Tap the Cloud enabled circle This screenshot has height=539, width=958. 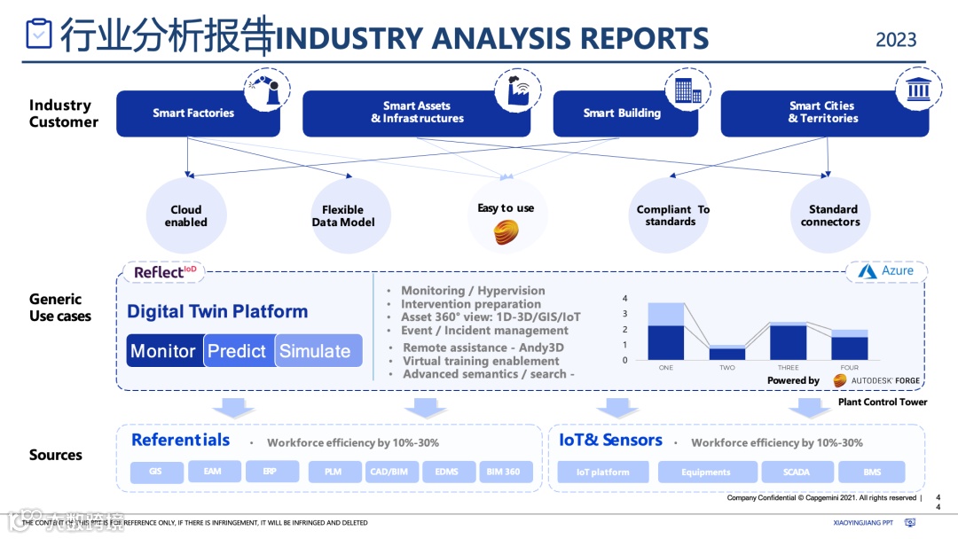pos(186,215)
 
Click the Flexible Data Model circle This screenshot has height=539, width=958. pos(343,215)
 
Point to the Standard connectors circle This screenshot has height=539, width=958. pos(831,215)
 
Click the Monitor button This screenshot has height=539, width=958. pos(164,351)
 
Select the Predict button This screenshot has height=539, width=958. pos(238,351)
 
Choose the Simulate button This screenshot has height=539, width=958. pos(317,351)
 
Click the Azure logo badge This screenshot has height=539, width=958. pos(887,271)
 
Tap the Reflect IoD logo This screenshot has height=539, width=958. pos(165,272)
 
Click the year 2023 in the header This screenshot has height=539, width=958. pos(896,40)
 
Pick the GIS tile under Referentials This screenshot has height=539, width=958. pos(157,472)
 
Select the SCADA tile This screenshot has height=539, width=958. pos(797,472)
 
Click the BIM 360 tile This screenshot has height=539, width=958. pos(504,472)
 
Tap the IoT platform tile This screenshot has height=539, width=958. pos(603,472)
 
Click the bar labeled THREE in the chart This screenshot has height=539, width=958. pos(788,341)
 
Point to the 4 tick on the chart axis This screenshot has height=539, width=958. pos(625,299)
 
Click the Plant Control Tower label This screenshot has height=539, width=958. pos(883,402)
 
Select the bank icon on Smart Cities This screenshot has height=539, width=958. pos(918,90)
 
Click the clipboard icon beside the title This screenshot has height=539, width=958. pos(39,33)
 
